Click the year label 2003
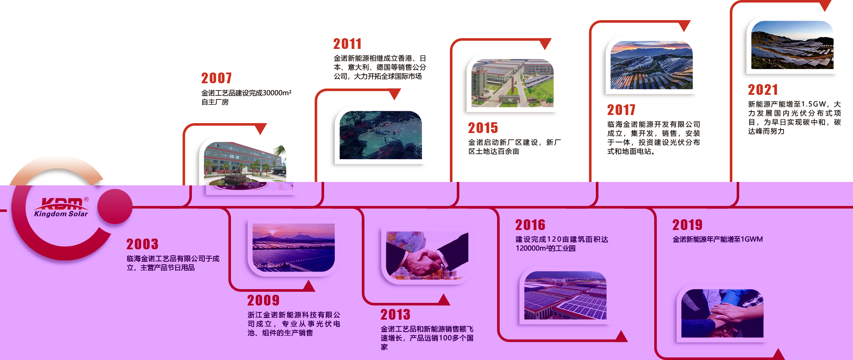point(142,244)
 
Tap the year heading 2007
point(216,78)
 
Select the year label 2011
point(347,44)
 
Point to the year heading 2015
point(483,128)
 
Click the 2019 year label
point(687,225)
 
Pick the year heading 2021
point(763,90)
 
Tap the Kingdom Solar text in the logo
point(61,214)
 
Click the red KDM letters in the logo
point(62,203)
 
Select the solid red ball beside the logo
point(115,207)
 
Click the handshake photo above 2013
point(427,256)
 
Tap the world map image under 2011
point(381,135)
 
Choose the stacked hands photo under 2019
point(722,313)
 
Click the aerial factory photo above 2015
point(513,83)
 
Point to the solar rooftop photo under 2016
point(565,295)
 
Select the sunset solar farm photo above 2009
point(294,248)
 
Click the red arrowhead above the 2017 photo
point(684,25)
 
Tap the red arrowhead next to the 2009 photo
point(309,286)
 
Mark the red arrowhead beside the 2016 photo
point(621,336)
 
